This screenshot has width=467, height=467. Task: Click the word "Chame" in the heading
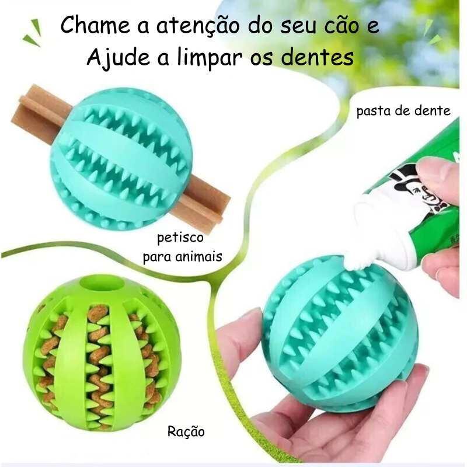[x=95, y=25]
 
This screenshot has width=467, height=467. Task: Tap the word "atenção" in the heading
[x=198, y=26]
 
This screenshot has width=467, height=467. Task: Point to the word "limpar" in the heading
[x=209, y=57]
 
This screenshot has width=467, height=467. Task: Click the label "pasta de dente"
[x=403, y=111]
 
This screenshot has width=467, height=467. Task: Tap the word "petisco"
[x=180, y=238]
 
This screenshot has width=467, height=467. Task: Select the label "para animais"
[x=183, y=256]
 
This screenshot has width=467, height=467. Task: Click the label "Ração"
[x=186, y=431]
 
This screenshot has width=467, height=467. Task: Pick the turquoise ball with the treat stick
[x=121, y=158]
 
